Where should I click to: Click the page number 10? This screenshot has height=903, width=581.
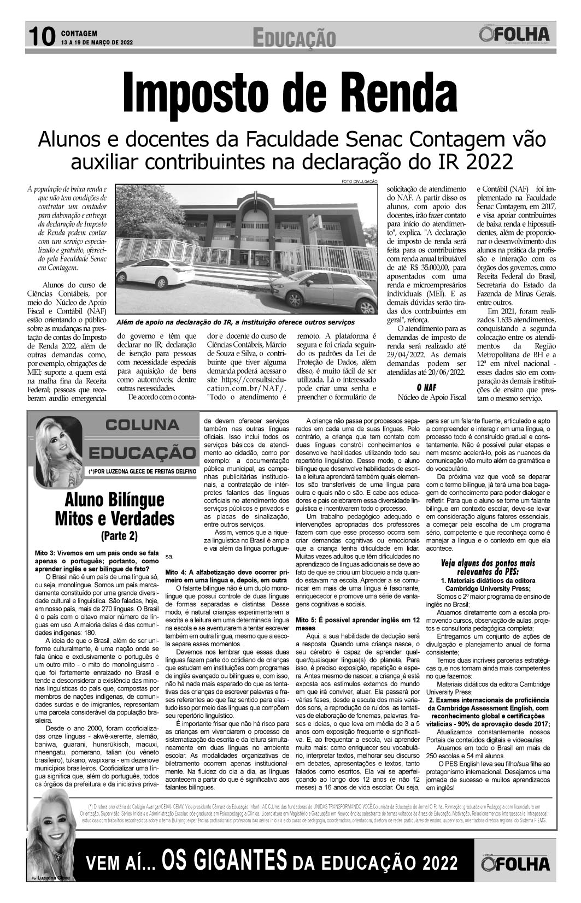coord(41,37)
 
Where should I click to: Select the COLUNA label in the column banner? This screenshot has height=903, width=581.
coord(142,424)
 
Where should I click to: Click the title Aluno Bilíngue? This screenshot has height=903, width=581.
coord(114,499)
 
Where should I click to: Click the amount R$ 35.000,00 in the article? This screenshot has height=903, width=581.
coord(424,268)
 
